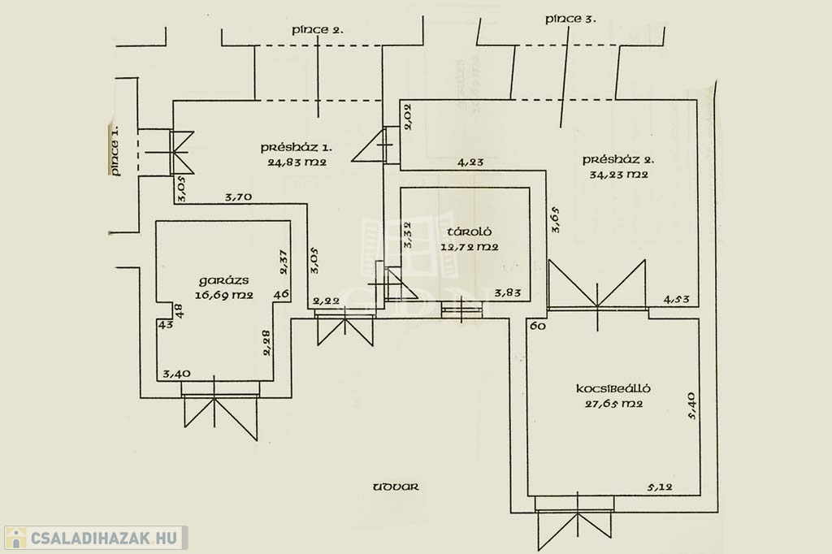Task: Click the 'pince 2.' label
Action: point(318,30)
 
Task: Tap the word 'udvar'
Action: point(396,487)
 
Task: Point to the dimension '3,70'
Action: point(239,197)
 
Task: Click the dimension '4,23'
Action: point(470,162)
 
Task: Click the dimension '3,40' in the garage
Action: point(176,374)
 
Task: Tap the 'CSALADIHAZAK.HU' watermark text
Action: point(102,538)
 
